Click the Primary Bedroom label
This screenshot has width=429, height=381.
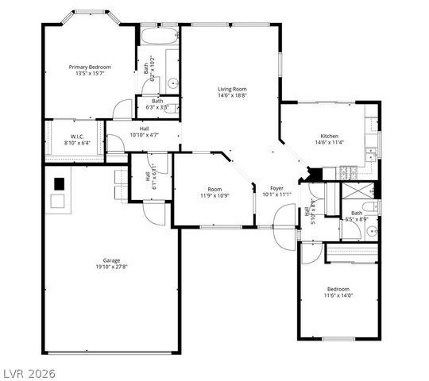pyautogui.click(x=89, y=67)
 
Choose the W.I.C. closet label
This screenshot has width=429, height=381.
pyautogui.click(x=77, y=137)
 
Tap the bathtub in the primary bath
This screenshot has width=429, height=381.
pyautogui.click(x=159, y=36)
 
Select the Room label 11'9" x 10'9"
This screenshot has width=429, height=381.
pyautogui.click(x=214, y=189)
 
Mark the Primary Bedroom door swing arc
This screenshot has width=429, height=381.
pyautogui.click(x=122, y=110)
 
